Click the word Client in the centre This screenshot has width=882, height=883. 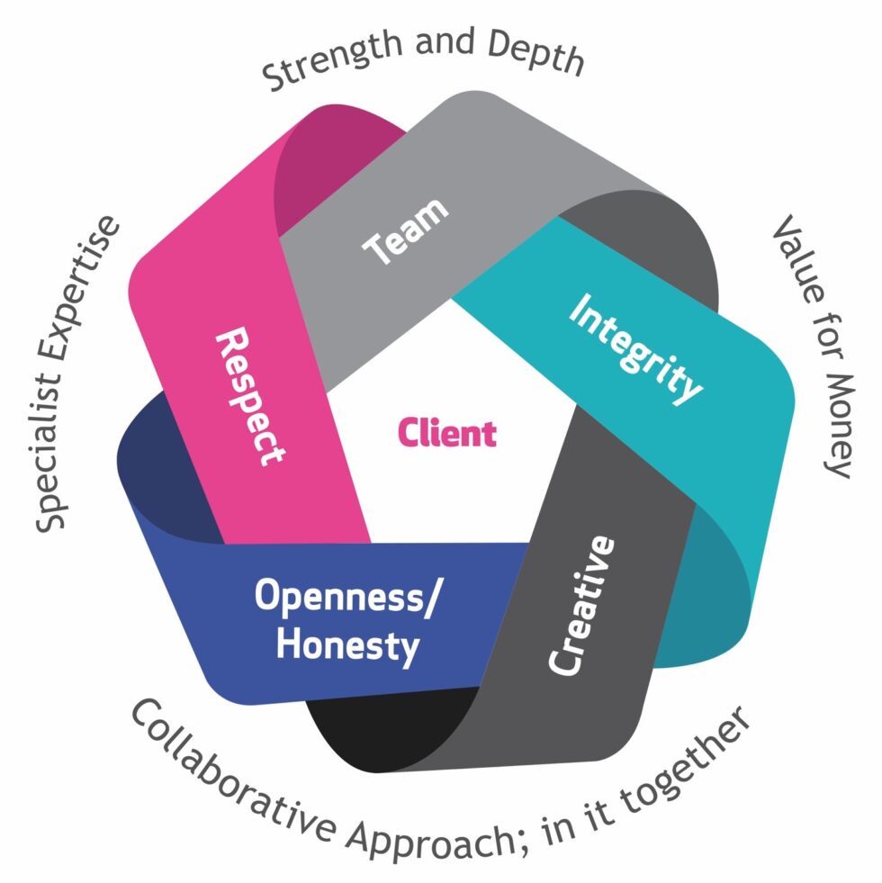[x=446, y=434]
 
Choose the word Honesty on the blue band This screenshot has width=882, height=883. [x=347, y=644]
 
